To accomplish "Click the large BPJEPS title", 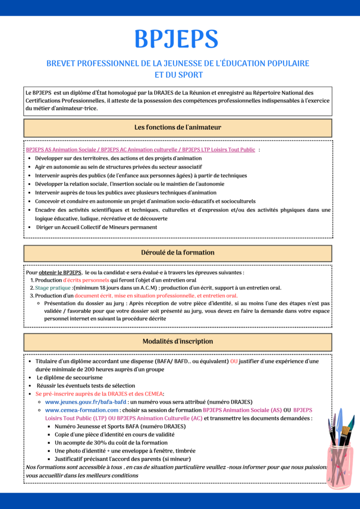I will pos(176,39).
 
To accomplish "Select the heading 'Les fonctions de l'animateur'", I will pos(178,127).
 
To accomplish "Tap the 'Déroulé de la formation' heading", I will pos(178,253).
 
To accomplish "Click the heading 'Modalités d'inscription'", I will pos(178,341).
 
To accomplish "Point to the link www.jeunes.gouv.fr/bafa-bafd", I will pos(85,402).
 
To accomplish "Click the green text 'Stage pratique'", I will pos(53,288).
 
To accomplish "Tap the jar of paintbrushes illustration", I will pos(341,452).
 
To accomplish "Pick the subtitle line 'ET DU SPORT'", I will pos(179,75).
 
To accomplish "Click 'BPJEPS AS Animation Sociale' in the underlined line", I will pos(55,150).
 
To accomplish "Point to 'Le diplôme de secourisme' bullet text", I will pos(69,377).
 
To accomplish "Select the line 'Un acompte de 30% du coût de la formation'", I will pos(111,442).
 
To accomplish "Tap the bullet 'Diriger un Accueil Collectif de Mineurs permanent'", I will pos(97,227).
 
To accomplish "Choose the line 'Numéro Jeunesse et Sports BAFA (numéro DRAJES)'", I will pos(120,427).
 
